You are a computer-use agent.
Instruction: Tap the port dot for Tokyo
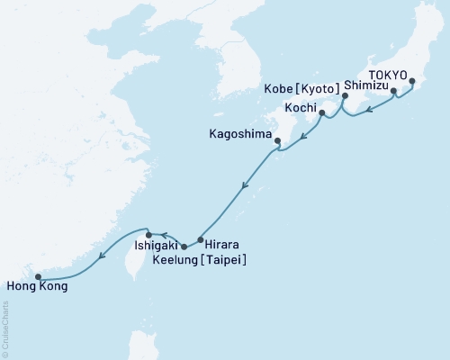pos(412,82)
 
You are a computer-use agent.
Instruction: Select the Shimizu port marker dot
pos(393,91)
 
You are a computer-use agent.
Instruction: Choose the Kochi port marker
pos(322,113)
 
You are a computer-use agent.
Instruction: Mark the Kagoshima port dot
pos(277,139)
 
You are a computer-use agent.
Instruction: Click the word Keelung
pos(184,259)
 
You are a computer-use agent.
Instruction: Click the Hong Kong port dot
pos(38,277)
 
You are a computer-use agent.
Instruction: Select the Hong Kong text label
pos(36,288)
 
